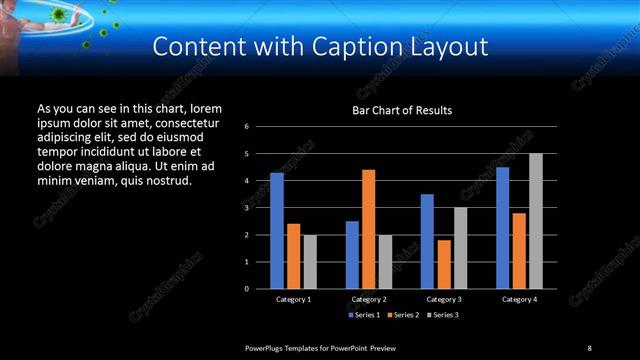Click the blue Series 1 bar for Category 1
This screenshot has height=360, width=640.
point(277,230)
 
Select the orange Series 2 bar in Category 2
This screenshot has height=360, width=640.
point(369,228)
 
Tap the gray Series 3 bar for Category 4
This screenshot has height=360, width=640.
point(536,220)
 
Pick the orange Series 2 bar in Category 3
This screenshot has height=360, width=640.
point(444,264)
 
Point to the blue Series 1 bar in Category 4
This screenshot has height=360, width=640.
point(502,227)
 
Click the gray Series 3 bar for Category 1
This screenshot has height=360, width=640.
point(310,261)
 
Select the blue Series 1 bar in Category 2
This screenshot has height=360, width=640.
point(352,254)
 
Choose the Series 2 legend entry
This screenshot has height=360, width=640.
point(403,315)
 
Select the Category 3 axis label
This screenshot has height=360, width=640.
point(444,299)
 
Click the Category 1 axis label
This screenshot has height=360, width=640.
point(294,299)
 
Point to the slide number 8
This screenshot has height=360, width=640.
point(589,347)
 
